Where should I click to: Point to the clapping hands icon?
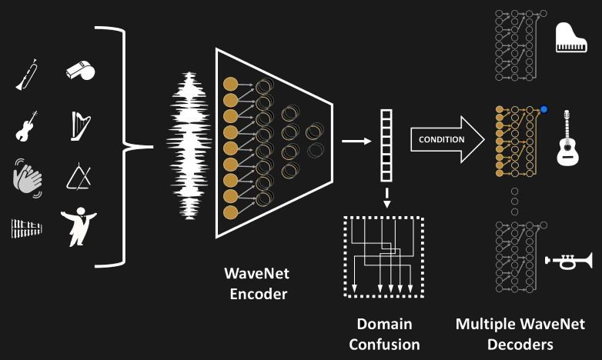click(28, 178)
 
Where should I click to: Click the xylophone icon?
click(27, 228)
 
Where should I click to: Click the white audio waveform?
click(189, 145)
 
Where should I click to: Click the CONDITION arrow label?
click(441, 139)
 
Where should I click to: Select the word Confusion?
click(384, 344)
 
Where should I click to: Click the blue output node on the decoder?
click(544, 110)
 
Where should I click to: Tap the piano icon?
click(571, 39)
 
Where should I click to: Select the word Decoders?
click(520, 344)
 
